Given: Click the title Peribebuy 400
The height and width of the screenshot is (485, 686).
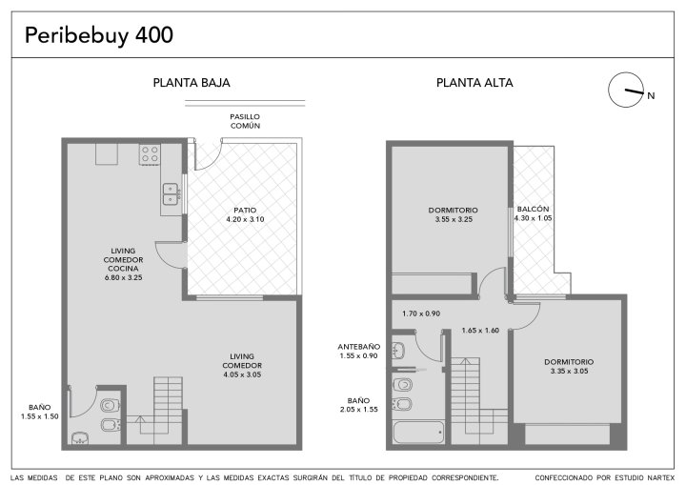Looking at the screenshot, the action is click(x=99, y=35).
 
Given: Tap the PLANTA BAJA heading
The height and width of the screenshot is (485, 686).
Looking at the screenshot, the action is click(x=192, y=83).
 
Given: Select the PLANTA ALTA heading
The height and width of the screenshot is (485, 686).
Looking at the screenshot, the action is click(x=474, y=83).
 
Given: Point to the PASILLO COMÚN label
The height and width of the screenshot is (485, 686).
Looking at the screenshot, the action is click(x=245, y=121).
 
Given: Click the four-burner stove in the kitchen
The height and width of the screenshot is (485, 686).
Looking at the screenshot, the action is click(x=150, y=154).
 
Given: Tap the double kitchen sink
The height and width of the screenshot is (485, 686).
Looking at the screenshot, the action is click(x=171, y=194).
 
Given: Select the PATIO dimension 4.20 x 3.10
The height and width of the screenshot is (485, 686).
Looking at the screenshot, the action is click(x=245, y=219).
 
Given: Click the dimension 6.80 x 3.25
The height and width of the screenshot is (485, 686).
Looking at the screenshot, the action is click(x=123, y=277).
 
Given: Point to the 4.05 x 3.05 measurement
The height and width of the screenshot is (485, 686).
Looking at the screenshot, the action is click(x=242, y=374).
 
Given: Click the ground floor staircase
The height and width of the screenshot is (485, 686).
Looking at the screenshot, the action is click(x=168, y=405).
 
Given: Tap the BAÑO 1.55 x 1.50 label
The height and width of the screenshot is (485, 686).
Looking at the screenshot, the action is click(x=39, y=412).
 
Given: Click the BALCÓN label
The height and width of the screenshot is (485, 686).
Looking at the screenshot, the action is click(x=533, y=210).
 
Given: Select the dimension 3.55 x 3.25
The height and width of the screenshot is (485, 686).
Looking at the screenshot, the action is click(x=454, y=219).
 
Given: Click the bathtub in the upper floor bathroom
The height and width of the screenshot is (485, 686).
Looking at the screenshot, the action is click(x=418, y=432).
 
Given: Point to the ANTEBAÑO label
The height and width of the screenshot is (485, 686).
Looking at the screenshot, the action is click(x=359, y=347).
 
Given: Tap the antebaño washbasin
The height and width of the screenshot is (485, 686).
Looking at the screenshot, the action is click(x=398, y=351).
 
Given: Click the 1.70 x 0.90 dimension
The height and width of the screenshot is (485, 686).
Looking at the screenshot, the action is click(x=421, y=313).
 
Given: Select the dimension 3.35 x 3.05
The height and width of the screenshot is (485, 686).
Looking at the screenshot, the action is click(x=569, y=372).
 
